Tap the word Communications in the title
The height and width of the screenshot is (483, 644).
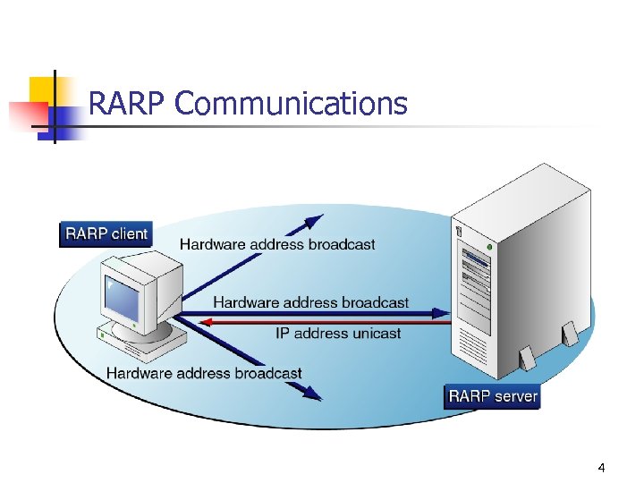click(x=292, y=105)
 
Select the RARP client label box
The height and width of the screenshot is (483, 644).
click(x=106, y=234)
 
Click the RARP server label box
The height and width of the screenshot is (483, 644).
click(x=493, y=396)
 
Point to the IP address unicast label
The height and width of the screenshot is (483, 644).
click(x=338, y=333)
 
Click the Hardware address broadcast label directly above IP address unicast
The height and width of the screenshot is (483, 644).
click(x=310, y=302)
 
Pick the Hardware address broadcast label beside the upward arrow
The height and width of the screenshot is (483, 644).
click(x=277, y=243)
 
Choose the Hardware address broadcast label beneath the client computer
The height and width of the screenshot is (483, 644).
click(x=204, y=373)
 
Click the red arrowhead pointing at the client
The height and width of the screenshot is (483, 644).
click(x=204, y=321)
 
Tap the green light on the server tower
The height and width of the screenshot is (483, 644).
click(x=488, y=246)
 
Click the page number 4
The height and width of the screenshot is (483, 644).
click(x=601, y=468)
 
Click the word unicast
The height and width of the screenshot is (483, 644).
click(x=374, y=333)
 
